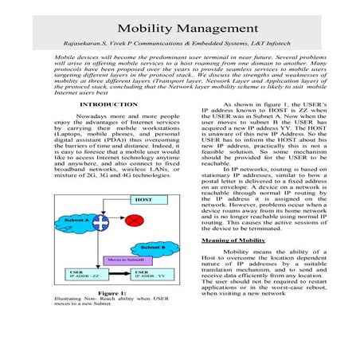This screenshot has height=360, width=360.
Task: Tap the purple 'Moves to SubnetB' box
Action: click(125, 260)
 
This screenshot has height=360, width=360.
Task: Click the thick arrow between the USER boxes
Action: click(120, 276)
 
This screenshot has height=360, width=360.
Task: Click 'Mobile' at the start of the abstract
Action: click(65, 59)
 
